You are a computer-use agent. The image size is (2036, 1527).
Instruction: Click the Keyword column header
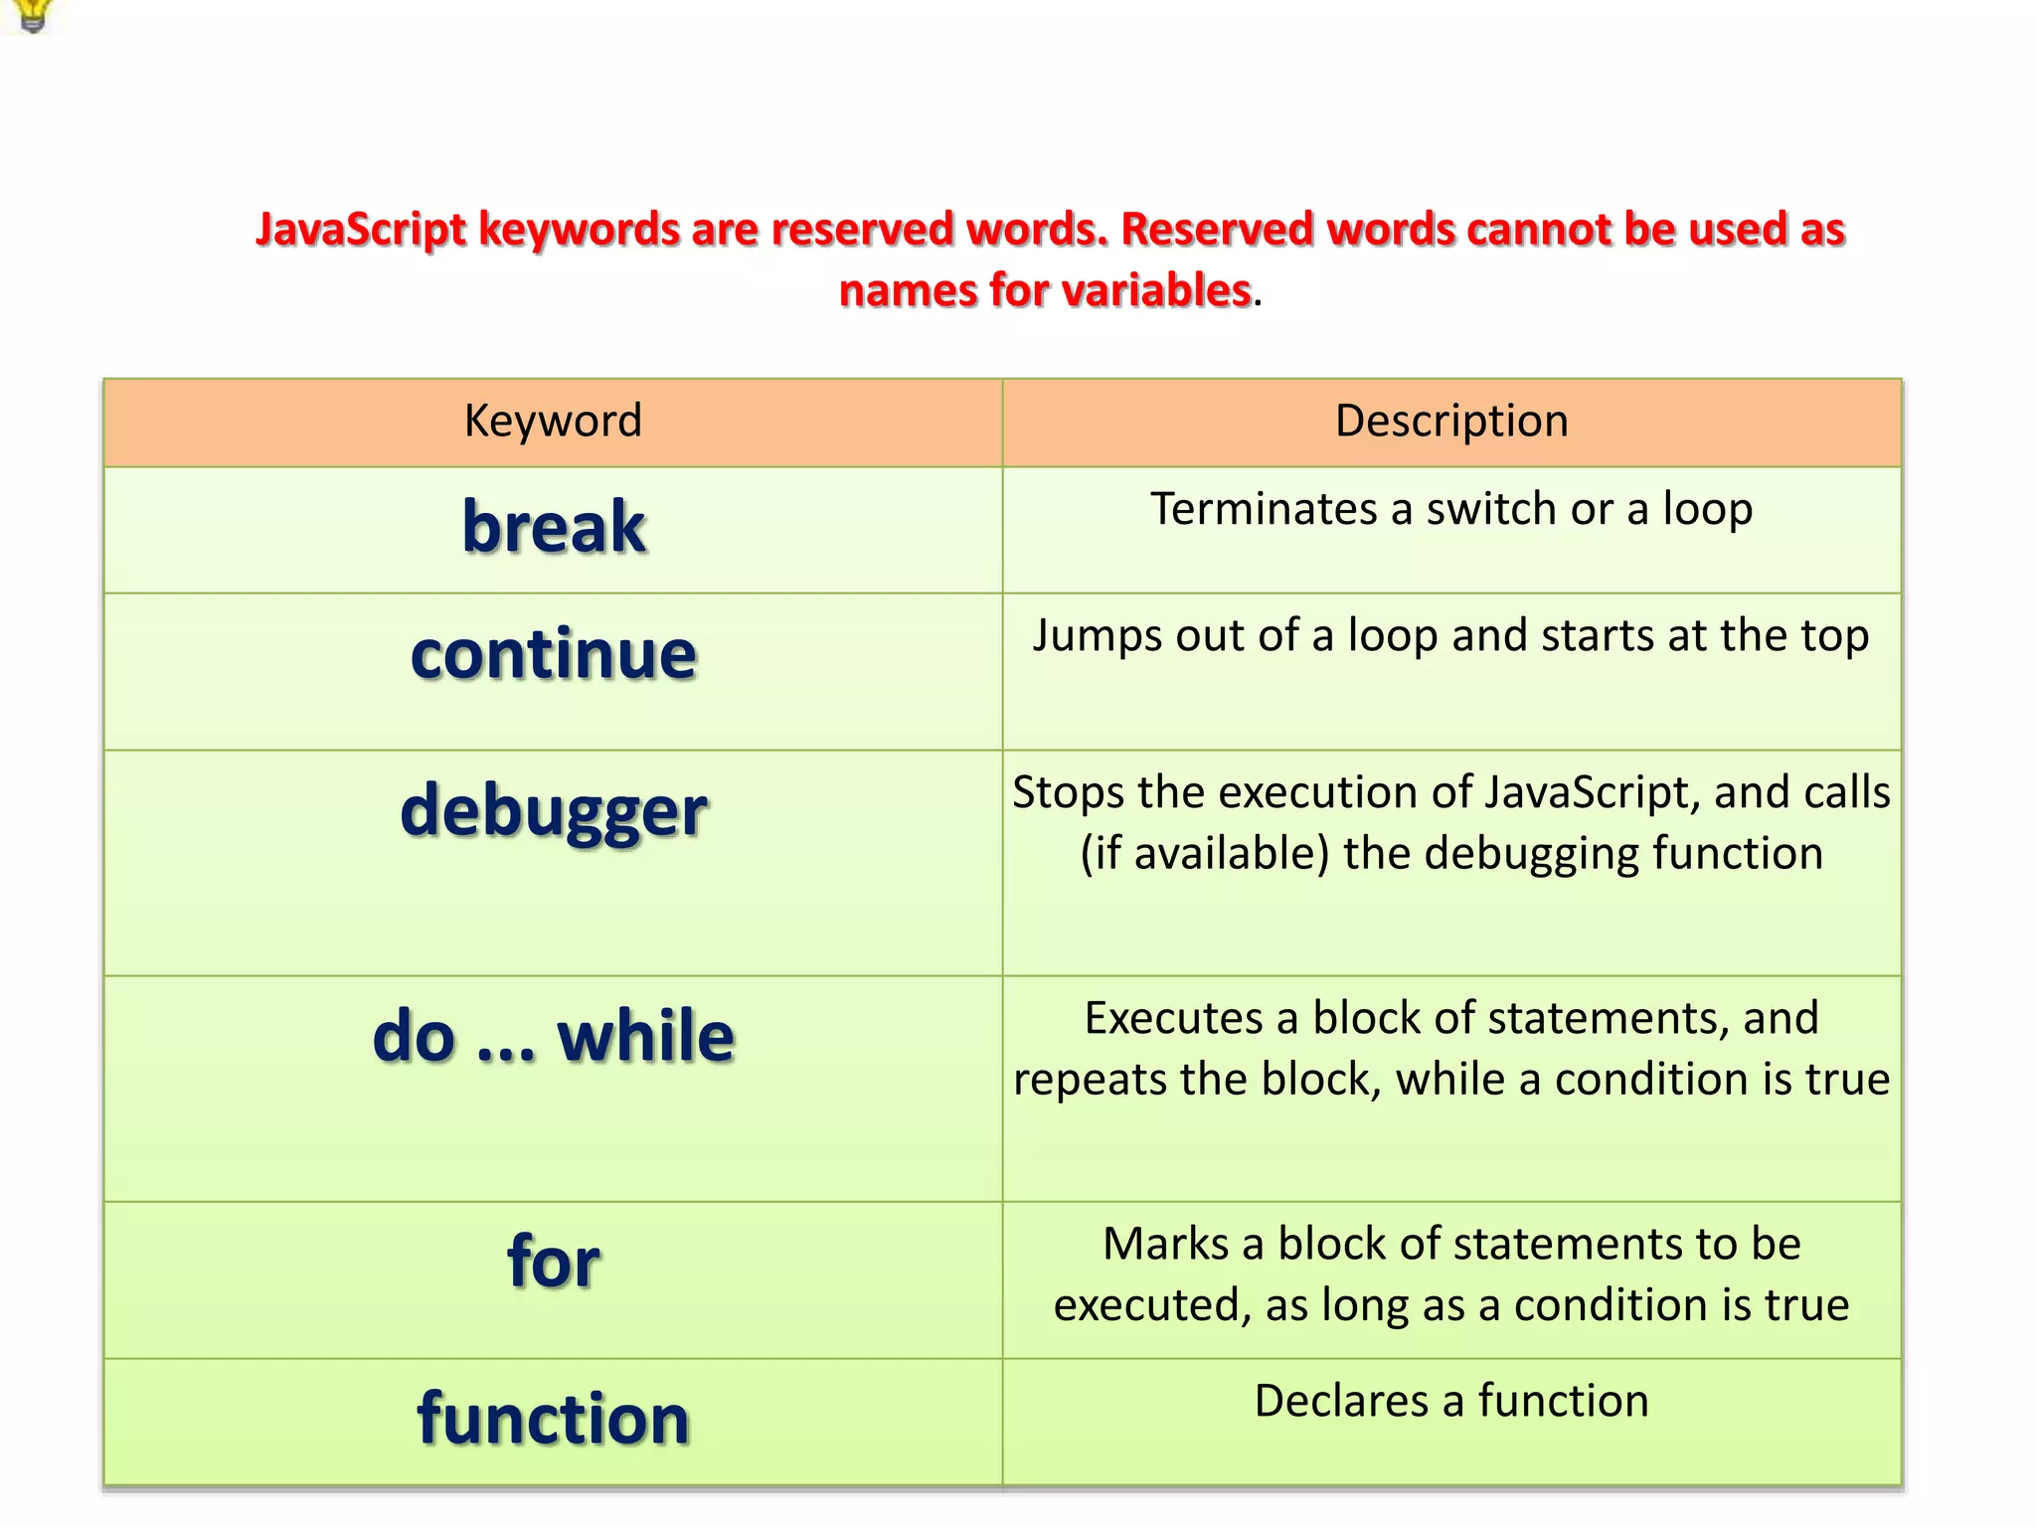553,422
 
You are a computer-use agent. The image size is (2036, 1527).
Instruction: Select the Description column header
1450,422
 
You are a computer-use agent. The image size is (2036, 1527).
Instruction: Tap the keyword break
554,527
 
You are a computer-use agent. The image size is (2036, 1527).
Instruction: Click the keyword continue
554,655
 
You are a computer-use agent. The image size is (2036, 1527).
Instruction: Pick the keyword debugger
554,811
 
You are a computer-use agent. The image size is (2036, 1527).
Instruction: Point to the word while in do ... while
645,1037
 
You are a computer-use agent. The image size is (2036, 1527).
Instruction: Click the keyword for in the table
554,1262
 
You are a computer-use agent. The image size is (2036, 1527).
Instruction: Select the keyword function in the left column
554,1419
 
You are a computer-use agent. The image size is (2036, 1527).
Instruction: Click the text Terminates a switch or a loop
1450,509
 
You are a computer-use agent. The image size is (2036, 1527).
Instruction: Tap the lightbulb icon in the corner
33,14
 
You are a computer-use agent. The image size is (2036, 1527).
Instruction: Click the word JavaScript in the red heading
361,230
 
